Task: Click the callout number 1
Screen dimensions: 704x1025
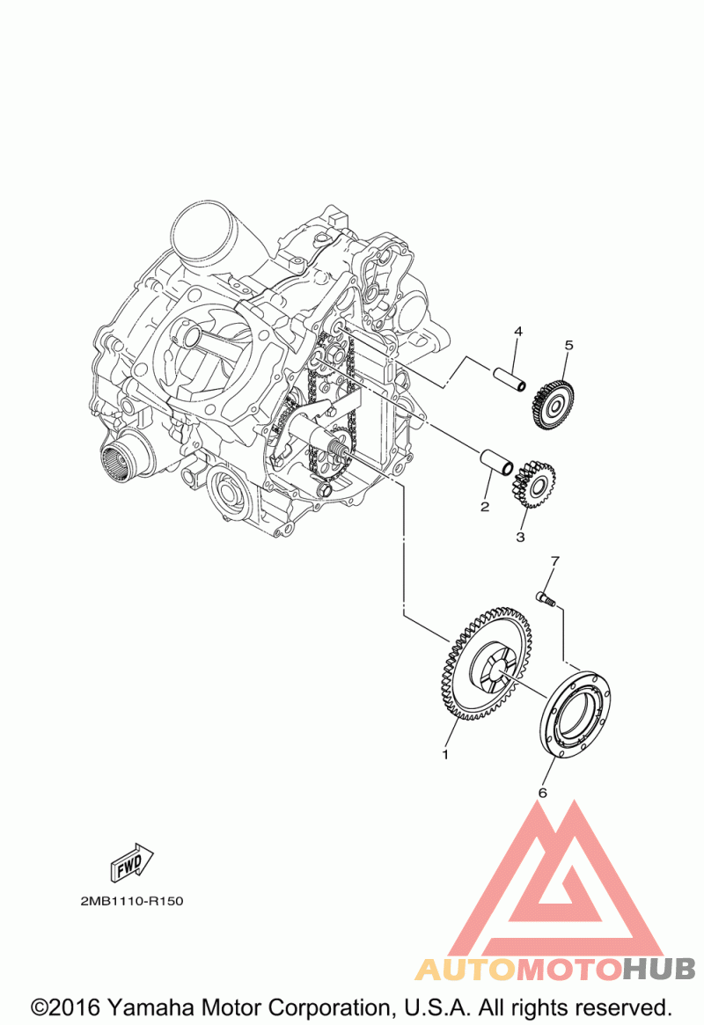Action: point(446,754)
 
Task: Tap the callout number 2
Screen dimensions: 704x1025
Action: point(485,507)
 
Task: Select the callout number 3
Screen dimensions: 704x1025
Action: point(520,538)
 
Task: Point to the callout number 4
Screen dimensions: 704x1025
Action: point(518,332)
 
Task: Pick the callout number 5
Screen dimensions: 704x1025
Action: point(568,345)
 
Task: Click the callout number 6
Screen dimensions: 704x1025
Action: point(542,793)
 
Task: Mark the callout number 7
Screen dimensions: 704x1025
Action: point(555,560)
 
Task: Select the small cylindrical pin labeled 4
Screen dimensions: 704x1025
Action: point(509,378)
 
